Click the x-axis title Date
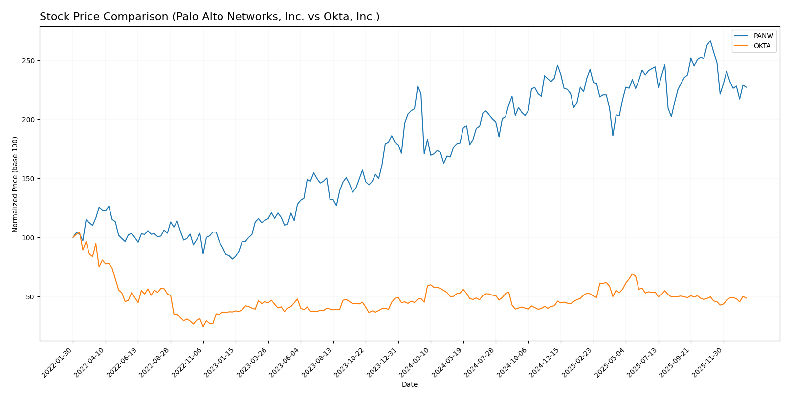pyautogui.click(x=410, y=385)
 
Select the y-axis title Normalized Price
pyautogui.click(x=15, y=184)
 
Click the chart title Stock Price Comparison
pyautogui.click(x=209, y=17)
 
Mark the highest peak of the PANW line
pyautogui.click(x=710, y=41)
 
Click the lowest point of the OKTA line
pyautogui.click(x=203, y=327)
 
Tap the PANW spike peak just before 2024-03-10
pyautogui.click(x=418, y=86)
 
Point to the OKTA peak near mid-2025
pyautogui.click(x=632, y=274)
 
